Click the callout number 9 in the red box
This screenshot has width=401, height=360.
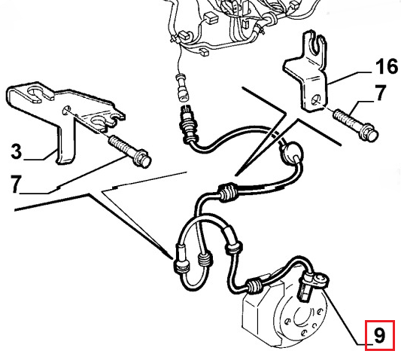coord(379,335)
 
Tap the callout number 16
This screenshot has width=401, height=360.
coord(387,66)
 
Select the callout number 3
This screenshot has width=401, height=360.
coord(17,151)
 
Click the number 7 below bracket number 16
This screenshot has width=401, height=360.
coord(380,93)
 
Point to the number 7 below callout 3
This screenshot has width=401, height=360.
coord(16,184)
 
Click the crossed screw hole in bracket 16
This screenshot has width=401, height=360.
coord(317,99)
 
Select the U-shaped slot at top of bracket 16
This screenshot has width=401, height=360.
coord(317,44)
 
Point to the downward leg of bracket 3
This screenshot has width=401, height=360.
coord(65,142)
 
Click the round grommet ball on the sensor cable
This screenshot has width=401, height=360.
coord(291,152)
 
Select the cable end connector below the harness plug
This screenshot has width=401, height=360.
coord(188,124)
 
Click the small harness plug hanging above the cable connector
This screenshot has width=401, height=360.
coord(182,87)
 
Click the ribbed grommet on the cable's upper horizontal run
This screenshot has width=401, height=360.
coord(226,191)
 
